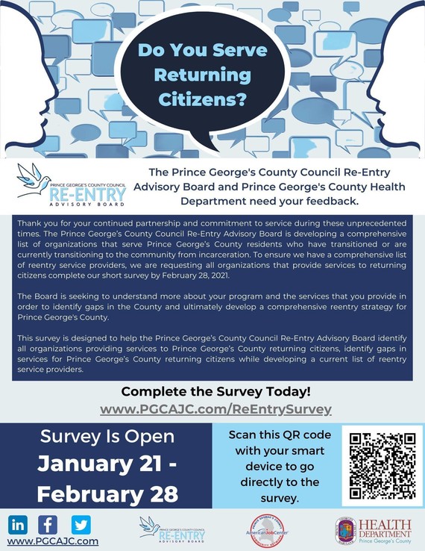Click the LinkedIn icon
click(x=18, y=524)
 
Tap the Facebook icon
click(x=48, y=524)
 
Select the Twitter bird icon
click(x=81, y=524)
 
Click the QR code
click(x=382, y=465)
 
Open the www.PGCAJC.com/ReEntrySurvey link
click(x=215, y=409)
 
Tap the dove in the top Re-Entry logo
click(x=34, y=179)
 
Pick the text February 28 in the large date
click(x=107, y=494)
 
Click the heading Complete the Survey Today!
click(x=215, y=392)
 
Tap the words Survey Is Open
click(x=107, y=436)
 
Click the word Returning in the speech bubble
click(x=194, y=75)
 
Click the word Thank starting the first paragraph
click(x=32, y=222)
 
